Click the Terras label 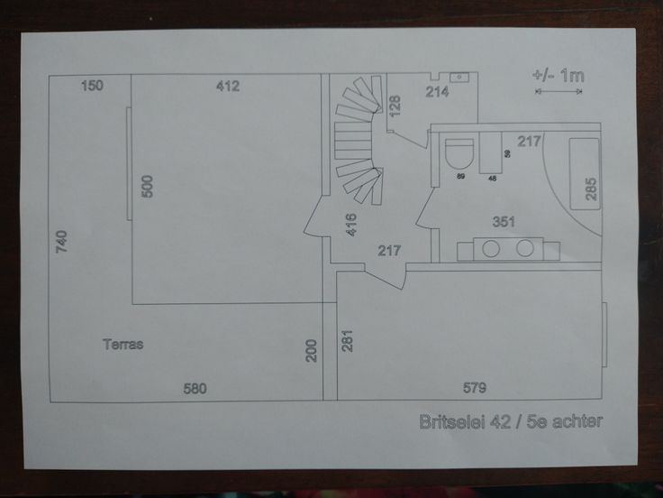pos(123,344)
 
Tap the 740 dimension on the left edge pos(62,243)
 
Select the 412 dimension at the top pos(228,87)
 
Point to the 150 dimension pos(92,86)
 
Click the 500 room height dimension pos(149,186)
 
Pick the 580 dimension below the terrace pos(195,389)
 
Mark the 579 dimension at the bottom pos(474,389)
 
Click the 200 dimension pos(312,350)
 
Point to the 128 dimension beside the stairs pos(395,106)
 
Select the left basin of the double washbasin pos(492,248)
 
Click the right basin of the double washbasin pos(526,248)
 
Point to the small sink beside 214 pos(459,78)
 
